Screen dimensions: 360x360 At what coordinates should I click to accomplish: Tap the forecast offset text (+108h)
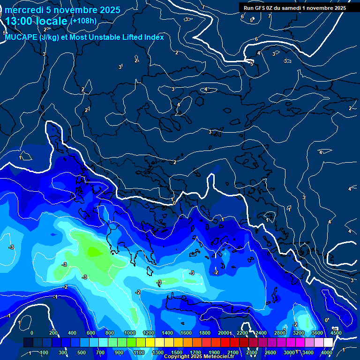click(83, 21)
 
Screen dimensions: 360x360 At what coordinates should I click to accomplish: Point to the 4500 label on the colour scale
click(336, 333)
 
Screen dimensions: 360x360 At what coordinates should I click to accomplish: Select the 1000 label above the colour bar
click(130, 333)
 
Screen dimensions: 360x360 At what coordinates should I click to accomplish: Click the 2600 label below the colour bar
click(270, 352)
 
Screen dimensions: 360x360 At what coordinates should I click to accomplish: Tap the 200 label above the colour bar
click(53, 333)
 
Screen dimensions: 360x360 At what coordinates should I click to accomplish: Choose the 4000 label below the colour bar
click(327, 352)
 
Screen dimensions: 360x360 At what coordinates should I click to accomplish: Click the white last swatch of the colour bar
click(328, 343)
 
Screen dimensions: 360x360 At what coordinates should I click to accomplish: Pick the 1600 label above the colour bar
click(186, 333)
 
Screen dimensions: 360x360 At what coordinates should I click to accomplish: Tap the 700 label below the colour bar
click(101, 352)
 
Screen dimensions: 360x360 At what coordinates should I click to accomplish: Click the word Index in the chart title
click(153, 37)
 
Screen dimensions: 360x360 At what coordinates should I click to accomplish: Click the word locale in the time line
click(50, 21)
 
